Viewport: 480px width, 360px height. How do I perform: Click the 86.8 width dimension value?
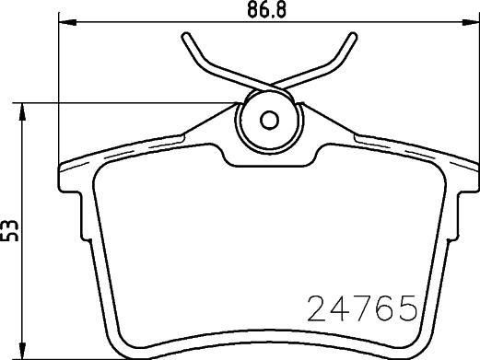click(266, 9)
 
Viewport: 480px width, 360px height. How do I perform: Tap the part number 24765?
click(362, 308)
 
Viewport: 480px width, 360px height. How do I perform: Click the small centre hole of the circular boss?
click(269, 120)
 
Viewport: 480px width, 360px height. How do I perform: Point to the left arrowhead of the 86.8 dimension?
click(67, 22)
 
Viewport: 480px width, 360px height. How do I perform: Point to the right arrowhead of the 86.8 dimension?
click(471, 22)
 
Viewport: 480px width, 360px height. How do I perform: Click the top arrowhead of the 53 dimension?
click(22, 112)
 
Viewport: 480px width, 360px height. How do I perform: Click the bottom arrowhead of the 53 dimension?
click(22, 349)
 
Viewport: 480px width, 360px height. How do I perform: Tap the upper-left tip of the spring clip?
click(185, 36)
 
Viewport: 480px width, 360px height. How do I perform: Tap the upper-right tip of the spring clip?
click(354, 36)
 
